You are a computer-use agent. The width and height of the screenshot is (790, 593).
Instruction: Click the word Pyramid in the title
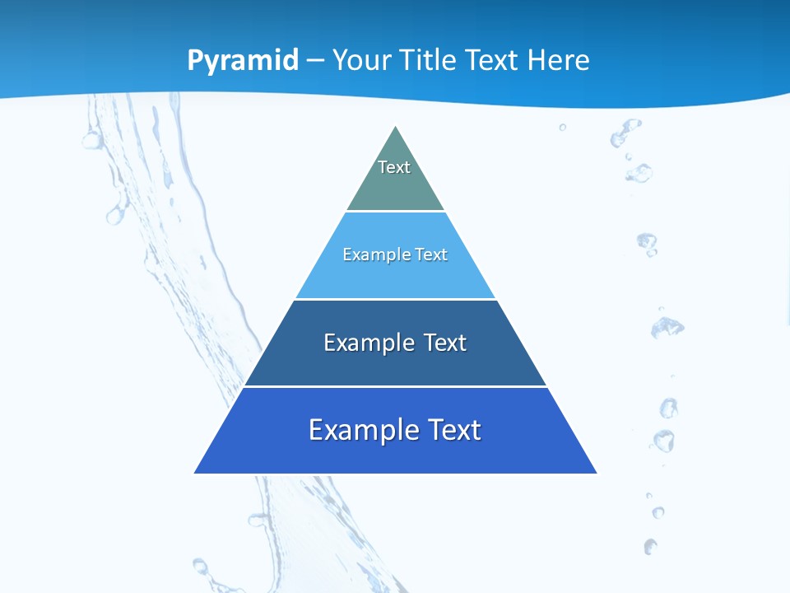pos(242,60)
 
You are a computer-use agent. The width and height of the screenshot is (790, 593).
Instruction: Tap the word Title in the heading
pos(428,60)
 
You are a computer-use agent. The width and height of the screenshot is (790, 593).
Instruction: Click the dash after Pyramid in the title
pos(315,61)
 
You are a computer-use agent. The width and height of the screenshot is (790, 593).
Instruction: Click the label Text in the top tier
pos(394,167)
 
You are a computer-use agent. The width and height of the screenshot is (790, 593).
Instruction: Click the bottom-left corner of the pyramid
pos(195,473)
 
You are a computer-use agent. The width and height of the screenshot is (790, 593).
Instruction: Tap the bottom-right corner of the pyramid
pos(597,473)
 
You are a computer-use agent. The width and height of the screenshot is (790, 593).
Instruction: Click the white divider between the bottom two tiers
pos(395,386)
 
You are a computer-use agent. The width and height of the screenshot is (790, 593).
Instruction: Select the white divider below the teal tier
pos(395,212)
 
